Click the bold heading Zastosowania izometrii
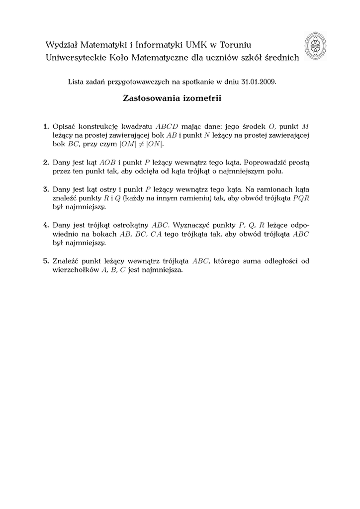(172, 98)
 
